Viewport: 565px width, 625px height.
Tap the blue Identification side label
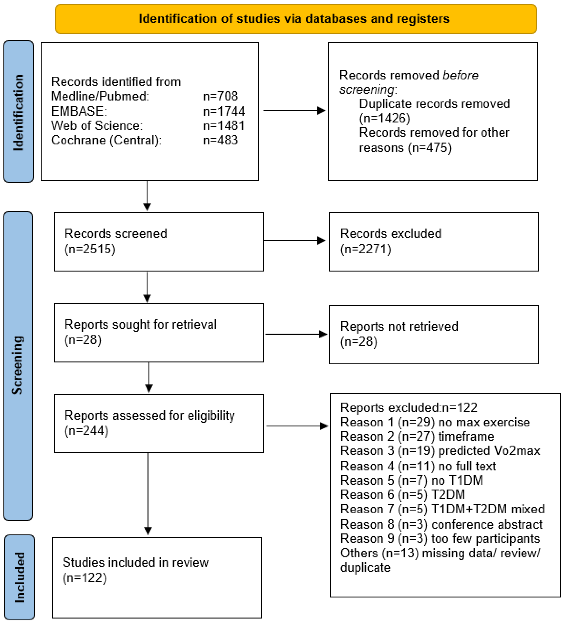[19, 112]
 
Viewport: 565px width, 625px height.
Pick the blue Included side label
[20, 577]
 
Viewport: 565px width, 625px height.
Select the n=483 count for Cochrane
[220, 140]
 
